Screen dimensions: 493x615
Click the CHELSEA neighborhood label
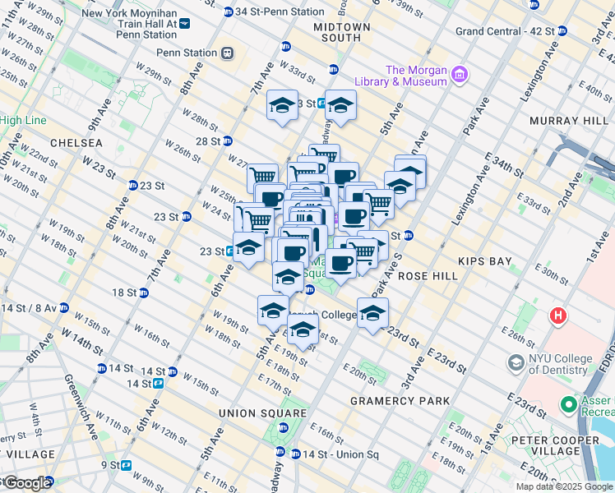click(76, 143)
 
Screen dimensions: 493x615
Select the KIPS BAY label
click(485, 261)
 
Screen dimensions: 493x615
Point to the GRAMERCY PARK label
click(400, 401)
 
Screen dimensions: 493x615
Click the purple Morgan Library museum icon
click(460, 76)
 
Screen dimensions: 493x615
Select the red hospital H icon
click(559, 315)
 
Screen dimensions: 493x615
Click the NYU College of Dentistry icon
click(516, 362)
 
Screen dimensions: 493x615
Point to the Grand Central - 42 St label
click(505, 31)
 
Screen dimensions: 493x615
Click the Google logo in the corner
click(26, 483)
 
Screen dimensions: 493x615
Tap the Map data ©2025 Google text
click(564, 486)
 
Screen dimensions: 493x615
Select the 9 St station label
click(111, 465)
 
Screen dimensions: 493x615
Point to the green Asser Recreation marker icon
click(567, 404)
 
